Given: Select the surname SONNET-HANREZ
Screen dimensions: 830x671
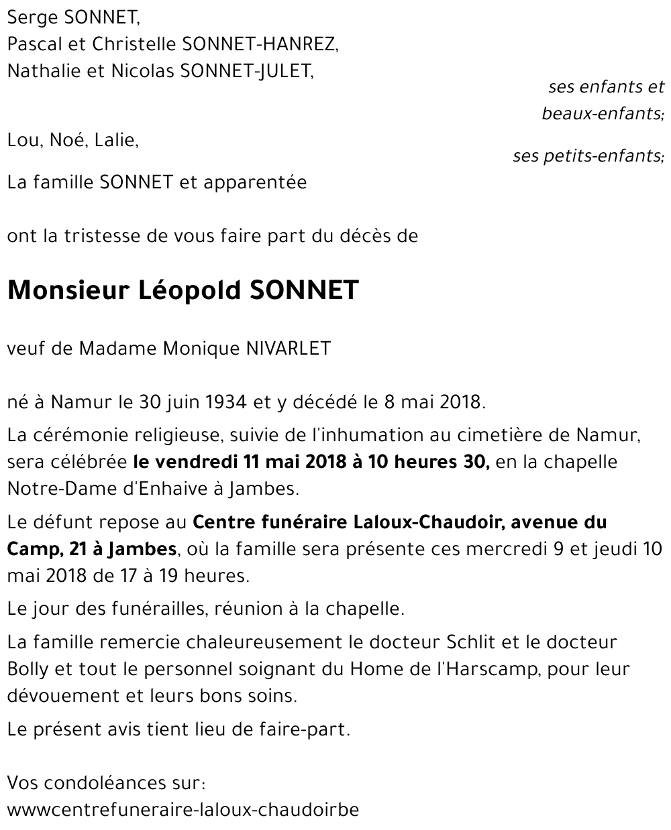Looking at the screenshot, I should coord(260,44).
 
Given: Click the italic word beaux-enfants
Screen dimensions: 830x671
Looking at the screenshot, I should coord(601,113).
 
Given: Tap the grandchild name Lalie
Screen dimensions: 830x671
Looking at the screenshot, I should coord(116,140).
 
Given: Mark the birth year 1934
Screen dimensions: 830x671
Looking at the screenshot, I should coord(224,402).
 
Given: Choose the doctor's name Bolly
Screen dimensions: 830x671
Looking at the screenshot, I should coord(26,669).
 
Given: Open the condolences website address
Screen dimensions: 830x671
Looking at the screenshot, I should coord(183,810).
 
